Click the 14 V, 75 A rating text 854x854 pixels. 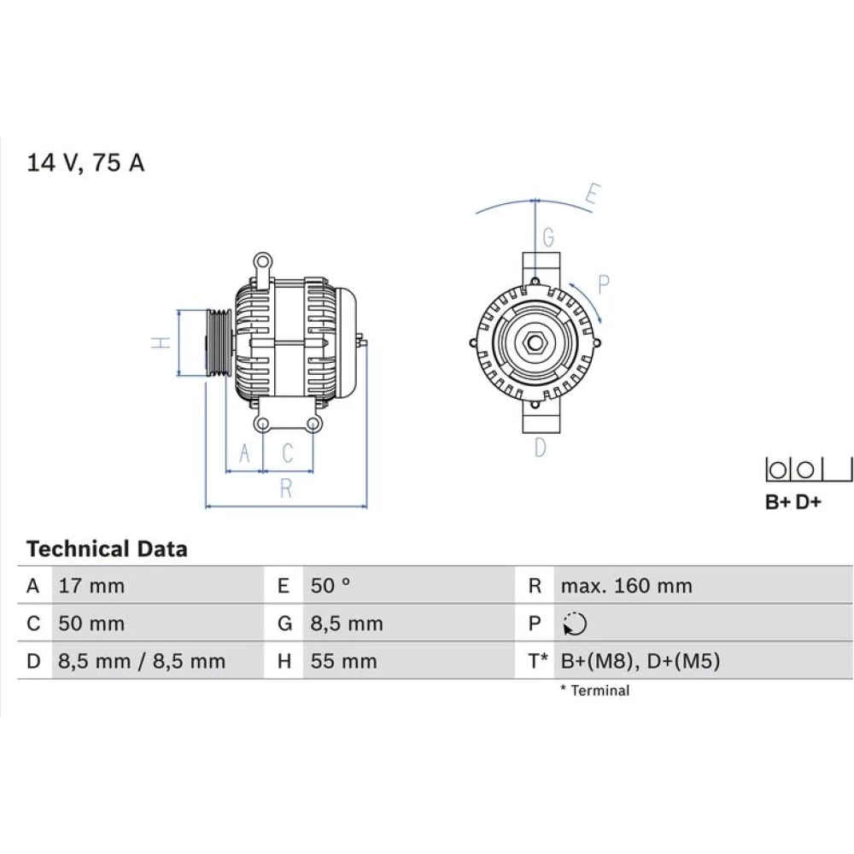point(85,163)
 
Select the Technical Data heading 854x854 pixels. point(107,548)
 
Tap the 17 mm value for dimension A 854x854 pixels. point(91,586)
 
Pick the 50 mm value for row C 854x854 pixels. point(91,623)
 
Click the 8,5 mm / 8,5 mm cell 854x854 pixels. point(142,661)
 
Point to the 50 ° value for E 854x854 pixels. point(330,586)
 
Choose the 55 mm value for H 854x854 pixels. point(343,661)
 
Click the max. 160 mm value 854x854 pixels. point(626,586)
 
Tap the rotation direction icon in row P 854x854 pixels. point(575,623)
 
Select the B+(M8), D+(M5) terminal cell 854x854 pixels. point(640,661)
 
